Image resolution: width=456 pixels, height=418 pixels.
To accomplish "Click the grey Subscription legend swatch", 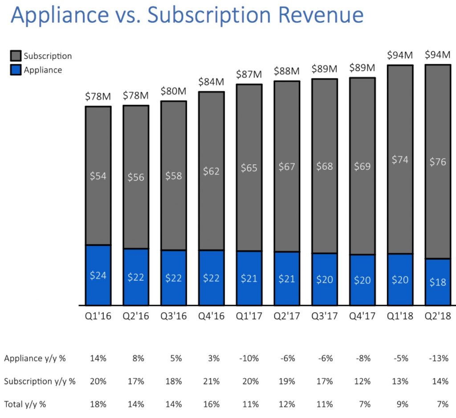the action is click(x=16, y=56).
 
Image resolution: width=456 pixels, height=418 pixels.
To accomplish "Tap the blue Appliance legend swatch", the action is click(x=16, y=70).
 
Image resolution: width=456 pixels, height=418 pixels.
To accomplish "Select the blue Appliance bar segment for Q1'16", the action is click(x=98, y=275).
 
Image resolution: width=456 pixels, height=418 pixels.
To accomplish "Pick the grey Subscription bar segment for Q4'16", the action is click(x=212, y=171).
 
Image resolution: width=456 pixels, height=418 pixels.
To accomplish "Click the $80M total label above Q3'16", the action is click(x=173, y=91).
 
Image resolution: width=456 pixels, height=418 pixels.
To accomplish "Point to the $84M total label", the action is click(x=211, y=82).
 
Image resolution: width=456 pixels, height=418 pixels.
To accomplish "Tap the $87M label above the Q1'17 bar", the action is click(x=249, y=74).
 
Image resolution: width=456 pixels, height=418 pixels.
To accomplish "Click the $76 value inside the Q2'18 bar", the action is click(x=438, y=162).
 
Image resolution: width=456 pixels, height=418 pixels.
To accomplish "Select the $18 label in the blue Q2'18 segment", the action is click(x=438, y=282).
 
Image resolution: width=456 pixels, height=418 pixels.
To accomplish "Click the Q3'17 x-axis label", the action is click(x=325, y=316).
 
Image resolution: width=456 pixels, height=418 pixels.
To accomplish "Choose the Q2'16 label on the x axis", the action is click(x=136, y=316).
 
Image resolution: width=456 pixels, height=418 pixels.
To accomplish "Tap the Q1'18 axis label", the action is click(x=400, y=316).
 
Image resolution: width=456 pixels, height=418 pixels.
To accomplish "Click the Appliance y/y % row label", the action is click(x=35, y=358).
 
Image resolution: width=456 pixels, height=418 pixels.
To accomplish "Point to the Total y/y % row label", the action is click(x=25, y=404).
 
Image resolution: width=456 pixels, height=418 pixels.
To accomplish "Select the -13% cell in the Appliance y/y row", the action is click(x=439, y=358).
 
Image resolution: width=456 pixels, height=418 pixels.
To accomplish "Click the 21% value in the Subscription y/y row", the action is click(x=212, y=381).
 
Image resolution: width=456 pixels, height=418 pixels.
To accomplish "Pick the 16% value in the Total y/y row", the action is click(x=212, y=404).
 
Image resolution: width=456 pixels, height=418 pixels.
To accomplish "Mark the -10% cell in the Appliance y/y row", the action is click(x=249, y=358).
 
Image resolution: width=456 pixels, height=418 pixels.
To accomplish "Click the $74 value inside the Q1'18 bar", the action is click(x=400, y=160).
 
